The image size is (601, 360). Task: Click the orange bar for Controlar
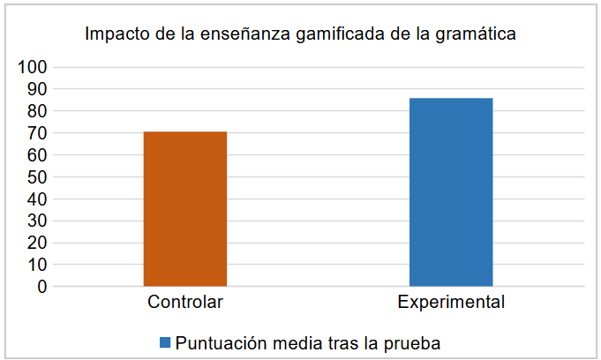tap(184, 208)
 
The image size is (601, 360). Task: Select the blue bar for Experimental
tap(451, 191)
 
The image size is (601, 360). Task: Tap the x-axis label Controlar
tap(184, 303)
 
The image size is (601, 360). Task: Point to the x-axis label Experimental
tap(451, 303)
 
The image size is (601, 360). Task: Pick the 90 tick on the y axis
tap(35, 89)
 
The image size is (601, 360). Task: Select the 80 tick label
tap(35, 111)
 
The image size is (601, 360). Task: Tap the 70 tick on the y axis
tap(35, 133)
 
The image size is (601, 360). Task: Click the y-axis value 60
tap(35, 155)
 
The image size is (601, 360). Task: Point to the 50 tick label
tap(35, 176)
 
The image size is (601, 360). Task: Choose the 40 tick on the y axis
tap(35, 199)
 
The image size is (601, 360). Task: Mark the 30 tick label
tap(35, 221)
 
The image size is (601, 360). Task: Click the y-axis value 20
tap(35, 243)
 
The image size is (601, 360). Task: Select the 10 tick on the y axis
tap(35, 265)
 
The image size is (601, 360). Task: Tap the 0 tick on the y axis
tap(41, 287)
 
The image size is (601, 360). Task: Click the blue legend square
tap(165, 341)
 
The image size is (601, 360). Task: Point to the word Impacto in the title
tap(116, 35)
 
